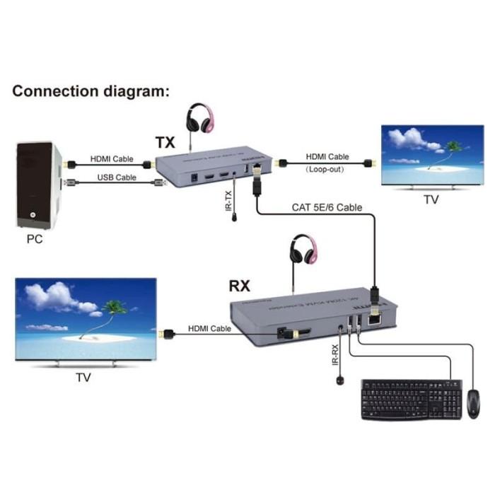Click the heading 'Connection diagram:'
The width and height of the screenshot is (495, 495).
(x=91, y=91)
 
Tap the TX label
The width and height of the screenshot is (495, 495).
(x=165, y=142)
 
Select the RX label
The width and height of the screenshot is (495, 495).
(x=240, y=286)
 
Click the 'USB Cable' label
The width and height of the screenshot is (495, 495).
(x=116, y=177)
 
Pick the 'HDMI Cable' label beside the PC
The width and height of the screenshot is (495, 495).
(x=111, y=158)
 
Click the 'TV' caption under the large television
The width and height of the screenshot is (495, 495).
(x=83, y=378)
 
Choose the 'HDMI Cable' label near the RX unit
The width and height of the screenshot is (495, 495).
(x=209, y=329)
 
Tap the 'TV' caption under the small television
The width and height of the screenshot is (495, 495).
(x=431, y=200)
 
